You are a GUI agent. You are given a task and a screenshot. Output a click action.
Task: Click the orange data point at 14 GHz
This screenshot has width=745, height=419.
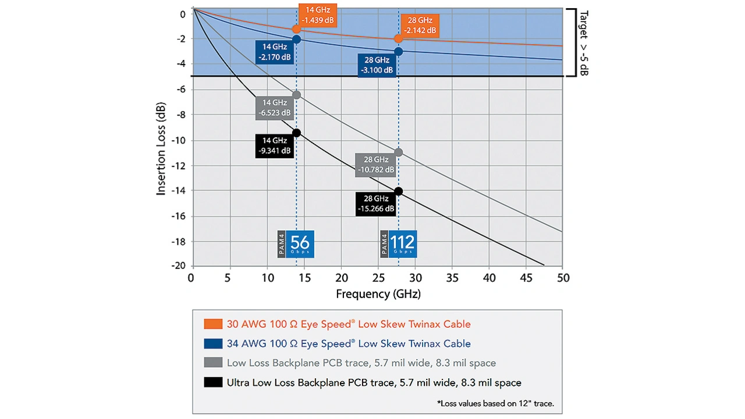point(296,29)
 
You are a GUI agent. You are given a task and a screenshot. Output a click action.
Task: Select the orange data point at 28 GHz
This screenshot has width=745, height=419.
point(398,38)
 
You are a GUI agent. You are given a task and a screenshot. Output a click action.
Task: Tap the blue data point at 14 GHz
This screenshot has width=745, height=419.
point(296,40)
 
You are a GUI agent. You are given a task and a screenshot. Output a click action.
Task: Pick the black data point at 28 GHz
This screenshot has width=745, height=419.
point(398,191)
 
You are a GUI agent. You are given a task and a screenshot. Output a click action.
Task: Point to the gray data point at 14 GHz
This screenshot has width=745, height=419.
point(296,95)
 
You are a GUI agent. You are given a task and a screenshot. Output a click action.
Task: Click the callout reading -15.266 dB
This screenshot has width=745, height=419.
point(376,204)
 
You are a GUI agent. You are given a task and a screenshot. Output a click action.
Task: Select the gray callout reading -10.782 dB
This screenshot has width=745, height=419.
point(376,164)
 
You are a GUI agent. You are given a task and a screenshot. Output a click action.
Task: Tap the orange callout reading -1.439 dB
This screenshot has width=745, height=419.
point(317,15)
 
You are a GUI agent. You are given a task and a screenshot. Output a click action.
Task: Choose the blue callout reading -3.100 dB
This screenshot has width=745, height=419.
point(376,65)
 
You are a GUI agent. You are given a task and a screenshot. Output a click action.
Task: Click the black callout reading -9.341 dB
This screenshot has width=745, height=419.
point(274,145)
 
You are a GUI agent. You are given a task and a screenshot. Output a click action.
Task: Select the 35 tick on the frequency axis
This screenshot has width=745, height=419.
point(451,277)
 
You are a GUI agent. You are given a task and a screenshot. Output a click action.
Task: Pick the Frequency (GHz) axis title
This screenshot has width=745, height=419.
point(378,294)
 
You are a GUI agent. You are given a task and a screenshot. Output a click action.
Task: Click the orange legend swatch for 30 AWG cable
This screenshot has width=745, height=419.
point(213,324)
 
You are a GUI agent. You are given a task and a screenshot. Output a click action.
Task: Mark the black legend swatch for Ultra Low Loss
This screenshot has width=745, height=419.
point(213,382)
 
